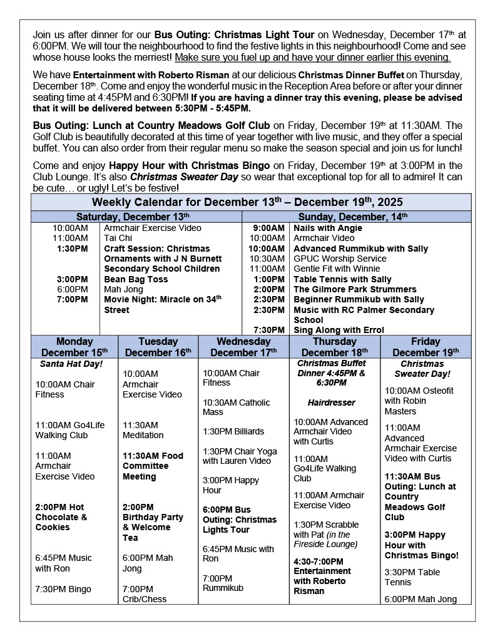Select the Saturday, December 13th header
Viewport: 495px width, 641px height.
[136, 216]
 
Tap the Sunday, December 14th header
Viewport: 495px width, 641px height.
[356, 216]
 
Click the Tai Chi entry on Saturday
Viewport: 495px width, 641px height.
[118, 238]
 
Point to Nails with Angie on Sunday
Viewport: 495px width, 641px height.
[328, 228]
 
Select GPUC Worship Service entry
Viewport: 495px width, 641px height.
[340, 259]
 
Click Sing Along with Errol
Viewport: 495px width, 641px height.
[339, 330]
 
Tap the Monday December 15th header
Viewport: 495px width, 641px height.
[74, 347]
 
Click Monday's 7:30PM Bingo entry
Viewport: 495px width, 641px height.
[63, 589]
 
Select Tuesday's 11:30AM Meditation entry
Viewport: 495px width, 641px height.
[143, 430]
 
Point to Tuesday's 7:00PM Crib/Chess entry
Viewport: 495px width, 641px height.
[145, 594]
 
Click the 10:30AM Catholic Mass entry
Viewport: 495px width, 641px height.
[236, 407]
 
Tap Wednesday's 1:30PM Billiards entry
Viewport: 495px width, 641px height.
[233, 431]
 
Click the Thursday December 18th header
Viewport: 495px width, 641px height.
[334, 347]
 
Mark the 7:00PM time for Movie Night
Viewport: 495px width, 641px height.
[73, 299]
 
